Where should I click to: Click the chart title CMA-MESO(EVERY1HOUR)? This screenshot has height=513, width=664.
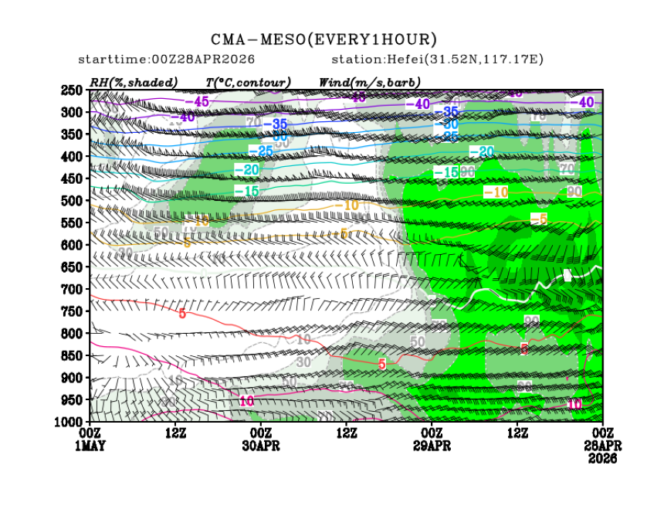[x=324, y=39]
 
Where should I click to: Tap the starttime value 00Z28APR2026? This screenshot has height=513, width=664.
[x=205, y=59]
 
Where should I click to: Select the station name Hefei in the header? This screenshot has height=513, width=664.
[x=391, y=59]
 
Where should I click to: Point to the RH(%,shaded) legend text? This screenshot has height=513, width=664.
[x=133, y=82]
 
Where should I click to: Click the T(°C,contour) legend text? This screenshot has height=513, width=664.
[x=248, y=82]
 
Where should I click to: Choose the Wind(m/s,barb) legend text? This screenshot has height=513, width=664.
[x=370, y=82]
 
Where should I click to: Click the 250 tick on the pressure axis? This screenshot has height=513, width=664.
[x=73, y=90]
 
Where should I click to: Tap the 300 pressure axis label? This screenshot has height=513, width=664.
[x=73, y=112]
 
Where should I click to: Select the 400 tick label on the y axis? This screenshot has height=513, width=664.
[x=73, y=156]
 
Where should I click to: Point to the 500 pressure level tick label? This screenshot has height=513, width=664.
[x=73, y=200]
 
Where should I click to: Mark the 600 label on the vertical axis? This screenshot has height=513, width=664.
[x=73, y=245]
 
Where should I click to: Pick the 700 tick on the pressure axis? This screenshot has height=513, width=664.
[x=73, y=289]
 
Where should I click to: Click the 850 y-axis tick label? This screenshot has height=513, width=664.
[x=73, y=355]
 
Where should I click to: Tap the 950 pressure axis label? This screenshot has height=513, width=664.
[x=73, y=399]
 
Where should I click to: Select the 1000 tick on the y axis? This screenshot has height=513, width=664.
[x=70, y=421]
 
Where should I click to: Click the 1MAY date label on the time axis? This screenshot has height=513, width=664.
[x=90, y=447]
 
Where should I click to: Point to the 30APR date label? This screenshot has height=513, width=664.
[x=261, y=447]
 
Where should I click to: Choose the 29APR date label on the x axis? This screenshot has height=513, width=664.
[x=432, y=447]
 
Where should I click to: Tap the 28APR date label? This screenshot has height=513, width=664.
[x=601, y=447]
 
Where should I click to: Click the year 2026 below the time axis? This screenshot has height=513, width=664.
[x=601, y=458]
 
